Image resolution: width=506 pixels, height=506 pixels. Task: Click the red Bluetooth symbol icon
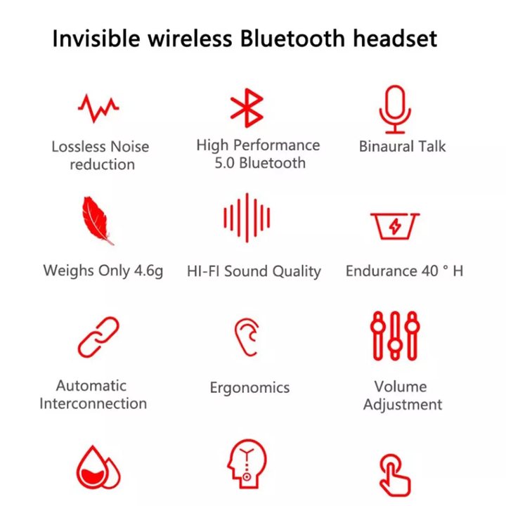click(247, 108)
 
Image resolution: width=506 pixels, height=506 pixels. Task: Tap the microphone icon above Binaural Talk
click(395, 109)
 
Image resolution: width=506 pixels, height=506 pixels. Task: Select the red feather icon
click(97, 221)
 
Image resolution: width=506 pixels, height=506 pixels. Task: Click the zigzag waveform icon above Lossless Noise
click(98, 108)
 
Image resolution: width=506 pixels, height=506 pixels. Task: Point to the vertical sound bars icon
click(247, 217)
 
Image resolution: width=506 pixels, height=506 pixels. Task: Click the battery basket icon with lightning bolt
click(395, 226)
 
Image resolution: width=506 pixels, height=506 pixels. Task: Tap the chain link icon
click(98, 337)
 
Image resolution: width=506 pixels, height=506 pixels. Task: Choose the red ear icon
click(247, 337)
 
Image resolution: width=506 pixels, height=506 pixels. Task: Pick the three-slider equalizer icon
click(395, 336)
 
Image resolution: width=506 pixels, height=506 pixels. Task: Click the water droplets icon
click(98, 467)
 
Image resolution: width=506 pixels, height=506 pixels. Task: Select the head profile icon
click(247, 464)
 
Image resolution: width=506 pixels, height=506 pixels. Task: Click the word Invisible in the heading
click(96, 39)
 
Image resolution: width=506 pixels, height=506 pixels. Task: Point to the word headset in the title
click(395, 39)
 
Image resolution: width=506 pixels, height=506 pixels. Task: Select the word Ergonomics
click(249, 388)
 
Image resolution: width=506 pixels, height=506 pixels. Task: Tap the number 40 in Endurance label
click(429, 271)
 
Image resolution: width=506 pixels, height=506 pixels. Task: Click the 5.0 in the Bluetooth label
click(225, 163)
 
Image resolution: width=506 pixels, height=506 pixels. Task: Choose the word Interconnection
click(93, 403)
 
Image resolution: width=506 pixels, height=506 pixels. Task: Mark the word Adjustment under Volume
click(403, 405)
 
